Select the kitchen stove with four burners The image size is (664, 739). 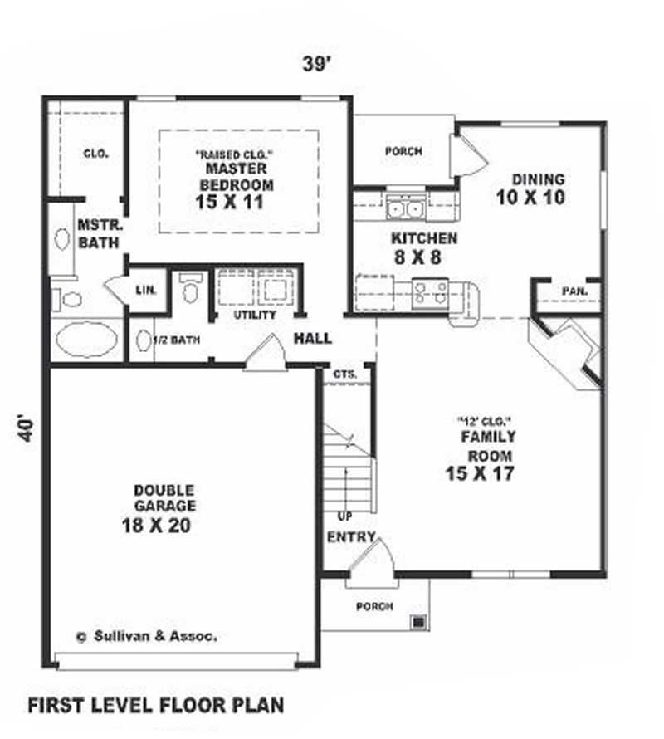click(x=431, y=291)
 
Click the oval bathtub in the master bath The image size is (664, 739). click(x=86, y=340)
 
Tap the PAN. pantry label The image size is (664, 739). click(x=574, y=291)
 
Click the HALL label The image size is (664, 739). click(x=313, y=338)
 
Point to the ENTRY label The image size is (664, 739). click(x=351, y=537)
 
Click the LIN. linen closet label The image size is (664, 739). click(x=146, y=289)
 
